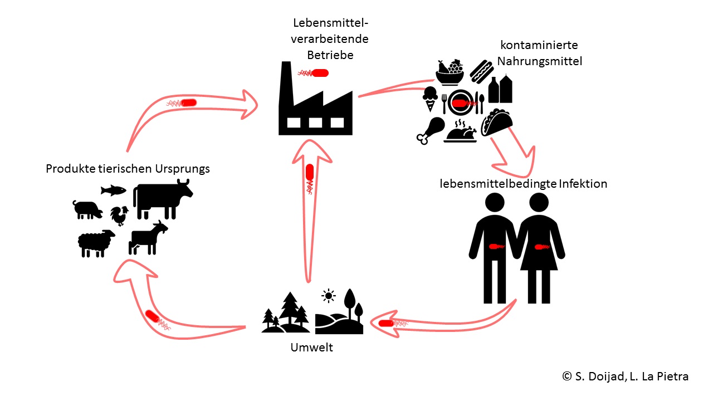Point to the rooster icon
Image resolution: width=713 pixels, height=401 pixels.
[x=119, y=216]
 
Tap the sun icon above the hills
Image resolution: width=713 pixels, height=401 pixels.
[x=328, y=296]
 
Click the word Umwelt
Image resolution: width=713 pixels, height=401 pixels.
[x=311, y=348]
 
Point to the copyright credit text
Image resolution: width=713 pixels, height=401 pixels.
[x=625, y=376]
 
